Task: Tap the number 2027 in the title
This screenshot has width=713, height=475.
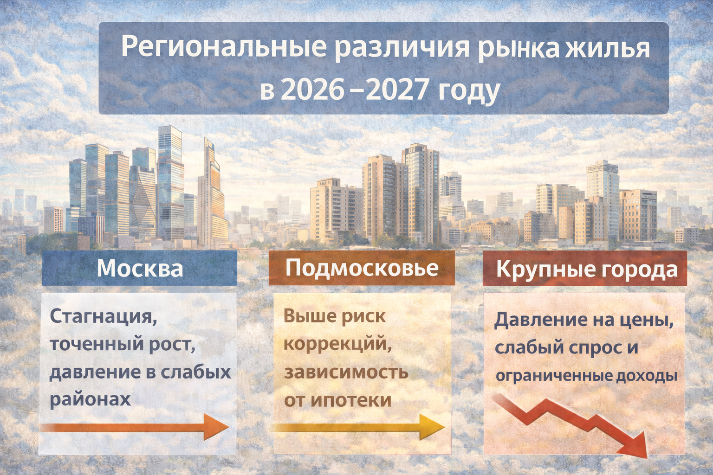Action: [x=396, y=90]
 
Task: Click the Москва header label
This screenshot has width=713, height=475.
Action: [x=140, y=269]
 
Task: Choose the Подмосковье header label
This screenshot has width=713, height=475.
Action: [x=362, y=268]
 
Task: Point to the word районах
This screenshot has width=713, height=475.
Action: [x=90, y=399]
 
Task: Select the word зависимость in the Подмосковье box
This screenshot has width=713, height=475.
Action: [x=346, y=372]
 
